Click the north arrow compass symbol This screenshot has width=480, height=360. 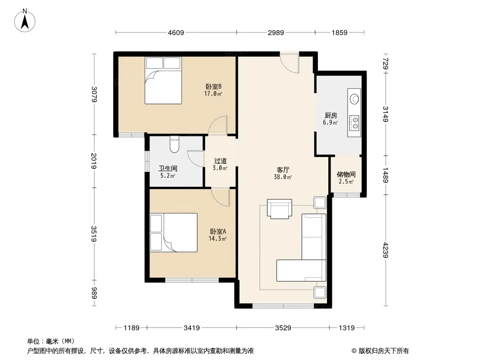pos(25,21)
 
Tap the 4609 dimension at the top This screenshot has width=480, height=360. pos(176,32)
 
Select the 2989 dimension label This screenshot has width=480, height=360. pos(276,32)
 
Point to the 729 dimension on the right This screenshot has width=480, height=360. pos(385,64)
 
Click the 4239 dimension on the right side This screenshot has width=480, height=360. pos(385,250)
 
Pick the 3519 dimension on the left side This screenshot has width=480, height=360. pos(94,234)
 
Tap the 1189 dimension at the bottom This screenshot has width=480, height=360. pos(131,328)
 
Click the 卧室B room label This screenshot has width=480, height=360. pos(213,87)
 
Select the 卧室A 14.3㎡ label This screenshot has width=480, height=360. pos(217,235)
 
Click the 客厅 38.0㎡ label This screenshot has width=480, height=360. pos(283,173)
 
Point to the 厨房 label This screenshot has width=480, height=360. pos(331,115)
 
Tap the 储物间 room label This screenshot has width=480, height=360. pos(346,174)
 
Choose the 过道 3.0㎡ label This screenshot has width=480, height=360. pos(220,164)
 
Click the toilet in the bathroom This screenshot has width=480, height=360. pos(174,144)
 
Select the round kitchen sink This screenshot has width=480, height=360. pos(354,99)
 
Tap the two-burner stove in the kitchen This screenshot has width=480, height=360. pos(355,123)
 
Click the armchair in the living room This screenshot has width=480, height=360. pos(280,209)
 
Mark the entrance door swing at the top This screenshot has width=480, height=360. pos(289,63)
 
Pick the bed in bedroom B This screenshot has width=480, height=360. pos(163,81)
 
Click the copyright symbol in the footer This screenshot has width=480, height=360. pos(354,351)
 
